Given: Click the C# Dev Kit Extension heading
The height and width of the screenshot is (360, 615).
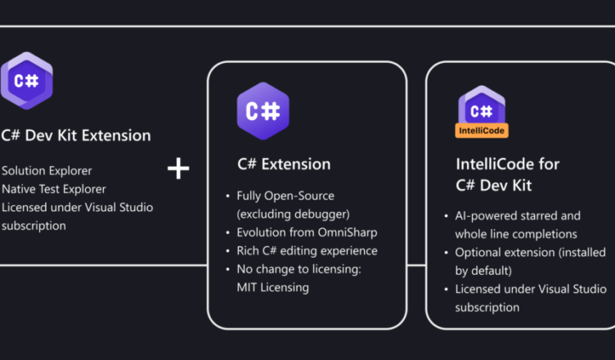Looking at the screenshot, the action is (76, 136).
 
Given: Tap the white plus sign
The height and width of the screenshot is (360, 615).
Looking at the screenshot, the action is (178, 169).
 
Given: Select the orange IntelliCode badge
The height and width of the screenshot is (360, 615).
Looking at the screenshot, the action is (482, 131).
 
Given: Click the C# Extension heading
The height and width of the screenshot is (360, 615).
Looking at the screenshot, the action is (284, 164).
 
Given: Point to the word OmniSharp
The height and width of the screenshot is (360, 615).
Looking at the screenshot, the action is (348, 232).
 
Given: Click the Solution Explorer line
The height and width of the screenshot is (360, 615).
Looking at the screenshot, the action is (47, 171).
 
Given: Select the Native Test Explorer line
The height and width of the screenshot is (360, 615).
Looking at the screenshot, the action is (54, 189).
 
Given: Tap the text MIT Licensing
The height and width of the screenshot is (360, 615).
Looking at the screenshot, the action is (273, 287).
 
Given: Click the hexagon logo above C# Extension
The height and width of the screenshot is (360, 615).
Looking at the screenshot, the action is (263, 111).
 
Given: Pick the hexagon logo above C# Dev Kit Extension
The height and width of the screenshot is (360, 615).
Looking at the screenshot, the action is (27, 81).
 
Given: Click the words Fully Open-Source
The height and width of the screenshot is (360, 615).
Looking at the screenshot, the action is (285, 196).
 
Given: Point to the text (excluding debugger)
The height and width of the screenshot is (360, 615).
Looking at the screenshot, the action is (294, 214).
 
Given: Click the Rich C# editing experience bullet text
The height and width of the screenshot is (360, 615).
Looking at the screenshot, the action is (307, 251).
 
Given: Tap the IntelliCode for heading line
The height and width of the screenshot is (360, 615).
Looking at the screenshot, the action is (508, 164).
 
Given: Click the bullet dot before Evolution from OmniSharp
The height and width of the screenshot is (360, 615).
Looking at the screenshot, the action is (228, 233).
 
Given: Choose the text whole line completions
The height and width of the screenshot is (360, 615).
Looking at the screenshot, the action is (516, 234).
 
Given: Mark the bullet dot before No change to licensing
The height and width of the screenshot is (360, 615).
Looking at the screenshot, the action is (228, 269).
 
